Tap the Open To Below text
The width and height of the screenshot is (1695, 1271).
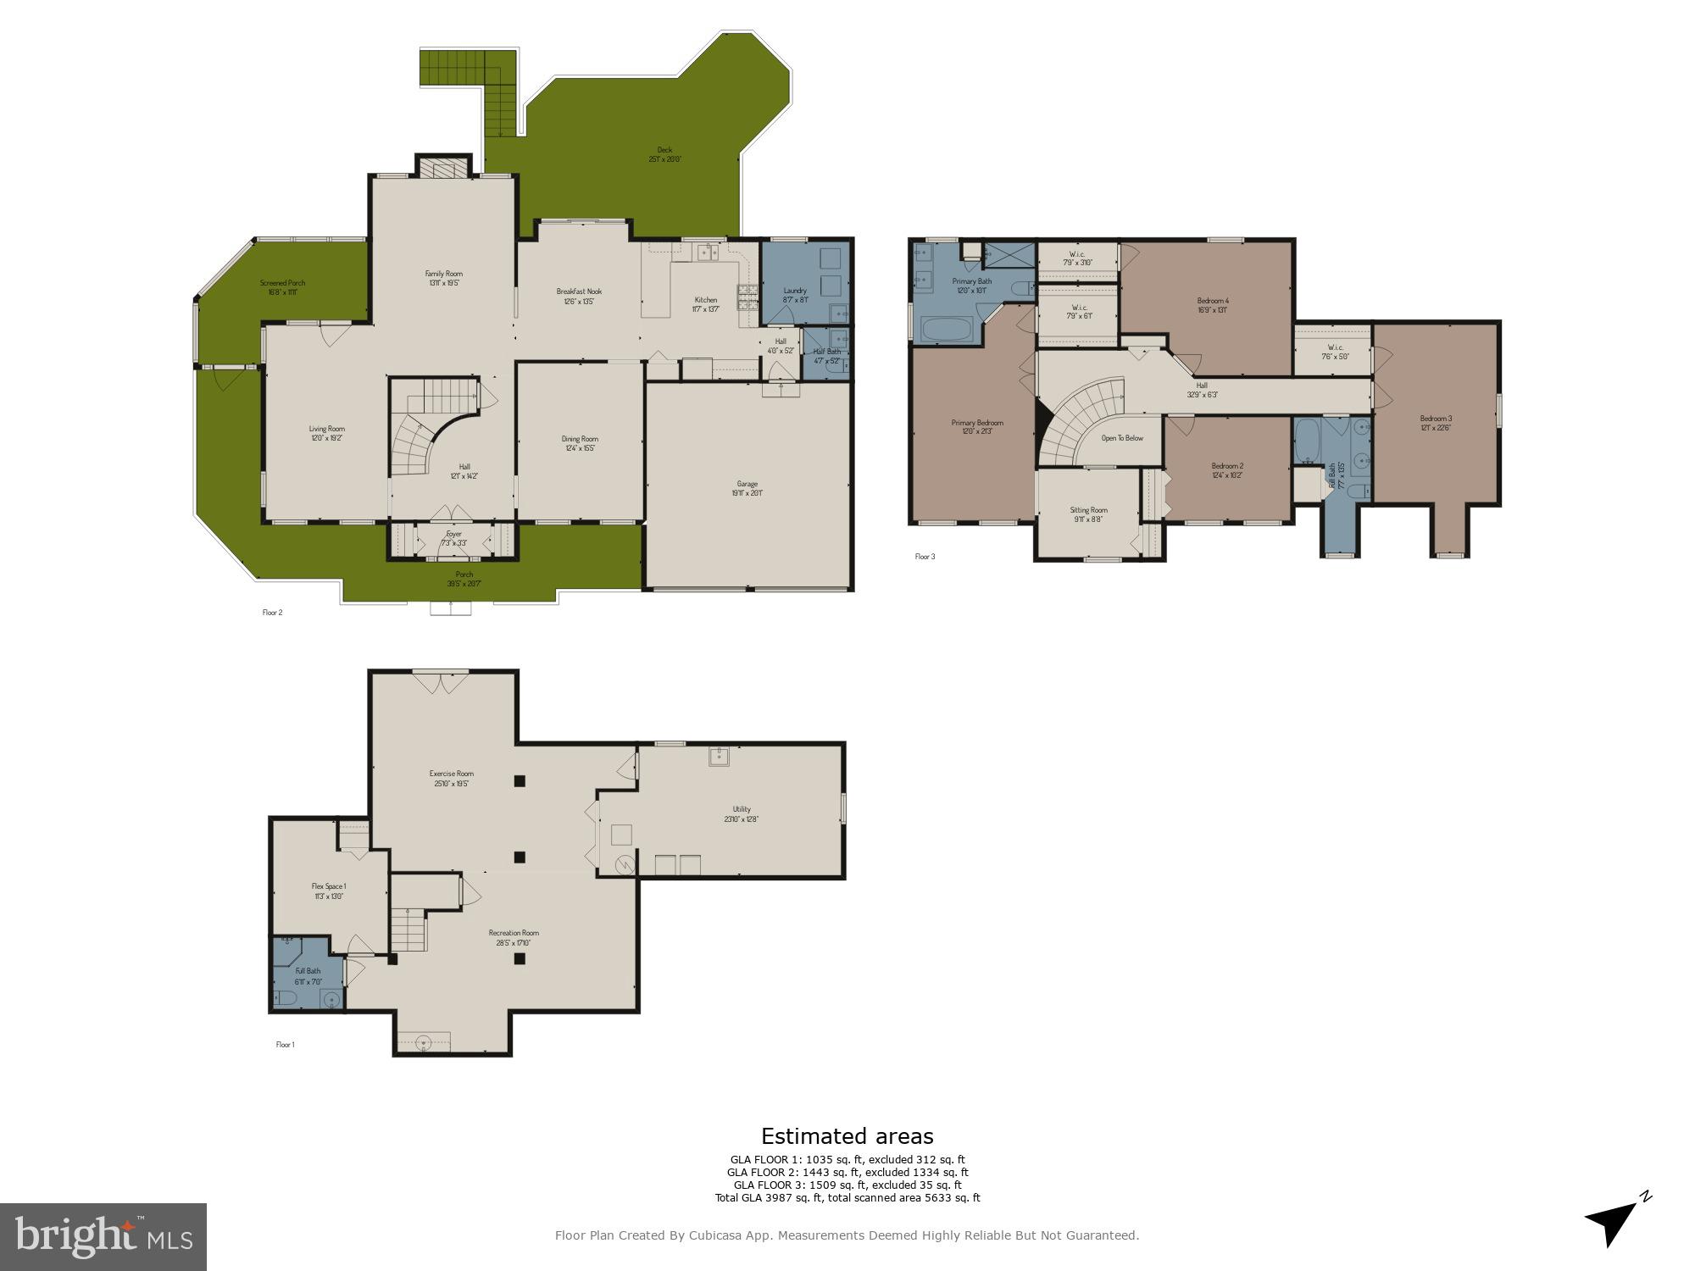tap(1122, 438)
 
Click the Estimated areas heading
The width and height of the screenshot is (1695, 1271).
tap(847, 1136)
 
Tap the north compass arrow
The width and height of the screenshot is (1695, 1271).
tap(1614, 1222)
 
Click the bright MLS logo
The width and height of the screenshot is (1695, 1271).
tap(103, 1236)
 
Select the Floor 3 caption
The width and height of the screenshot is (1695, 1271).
tap(925, 557)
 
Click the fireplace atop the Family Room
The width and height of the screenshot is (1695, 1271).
tap(442, 167)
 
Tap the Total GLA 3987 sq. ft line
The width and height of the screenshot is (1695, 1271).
tap(847, 1197)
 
